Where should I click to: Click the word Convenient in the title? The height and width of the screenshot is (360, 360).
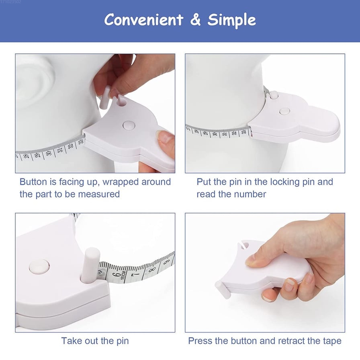pyautogui.click(x=144, y=20)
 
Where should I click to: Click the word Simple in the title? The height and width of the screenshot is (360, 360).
pyautogui.click(x=232, y=20)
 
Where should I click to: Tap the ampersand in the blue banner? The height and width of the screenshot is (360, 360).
pyautogui.click(x=195, y=20)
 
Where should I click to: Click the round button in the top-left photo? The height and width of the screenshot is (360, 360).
pyautogui.click(x=129, y=125)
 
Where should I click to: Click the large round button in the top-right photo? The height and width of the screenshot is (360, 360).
pyautogui.click(x=285, y=111)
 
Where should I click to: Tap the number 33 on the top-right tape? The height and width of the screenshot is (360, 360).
pyautogui.click(x=244, y=132)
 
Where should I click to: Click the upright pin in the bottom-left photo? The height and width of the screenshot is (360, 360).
pyautogui.click(x=90, y=266)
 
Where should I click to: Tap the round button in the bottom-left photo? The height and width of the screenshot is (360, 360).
pyautogui.click(x=39, y=266)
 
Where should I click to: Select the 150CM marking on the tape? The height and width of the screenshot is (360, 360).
pyautogui.click(x=123, y=276)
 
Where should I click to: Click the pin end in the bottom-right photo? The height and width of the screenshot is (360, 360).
pyautogui.click(x=223, y=290)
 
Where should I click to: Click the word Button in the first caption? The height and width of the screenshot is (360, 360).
pyautogui.click(x=33, y=182)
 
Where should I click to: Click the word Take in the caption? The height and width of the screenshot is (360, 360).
pyautogui.click(x=71, y=341)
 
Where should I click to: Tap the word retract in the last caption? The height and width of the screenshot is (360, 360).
pyautogui.click(x=291, y=341)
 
